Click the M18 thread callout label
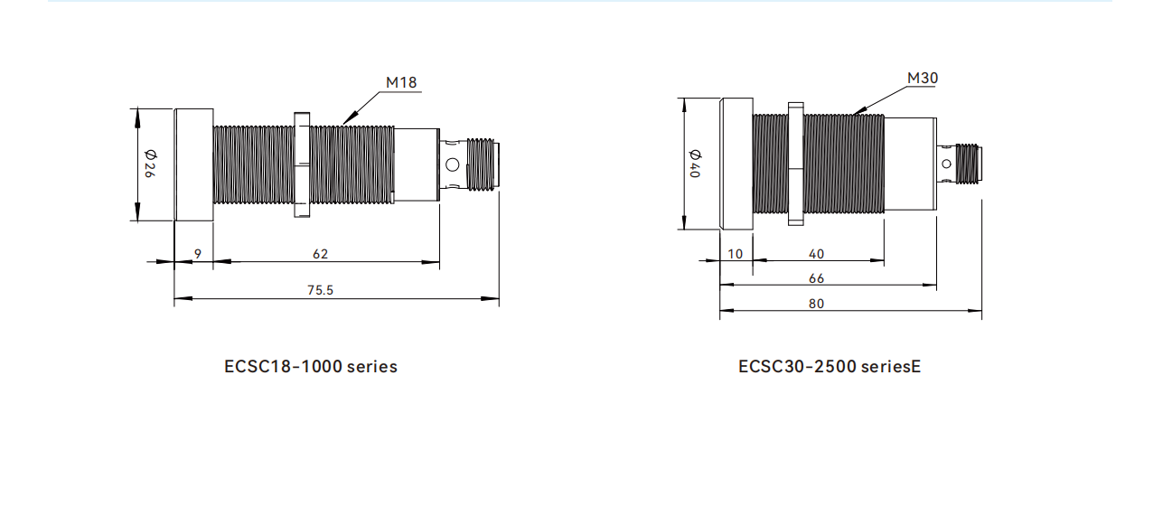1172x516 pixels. (x=401, y=82)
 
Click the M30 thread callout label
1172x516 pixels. (x=923, y=78)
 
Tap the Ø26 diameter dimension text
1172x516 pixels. (x=150, y=164)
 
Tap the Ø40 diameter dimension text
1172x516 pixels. (x=696, y=164)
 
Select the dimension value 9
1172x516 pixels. (x=198, y=254)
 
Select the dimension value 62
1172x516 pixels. (x=320, y=254)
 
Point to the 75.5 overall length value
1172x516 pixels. (x=320, y=290)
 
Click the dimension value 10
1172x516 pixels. (x=736, y=254)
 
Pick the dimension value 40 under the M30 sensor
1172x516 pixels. (x=816, y=254)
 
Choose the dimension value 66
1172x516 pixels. (x=816, y=278)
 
